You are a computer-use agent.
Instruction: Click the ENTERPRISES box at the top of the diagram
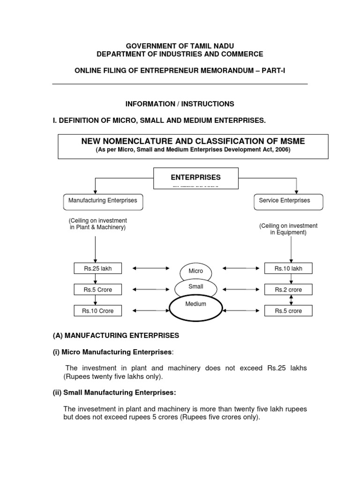195,178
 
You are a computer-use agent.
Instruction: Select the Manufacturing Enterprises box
103,201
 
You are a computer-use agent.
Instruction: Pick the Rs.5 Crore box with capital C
98,290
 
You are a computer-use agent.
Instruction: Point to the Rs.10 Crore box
98,311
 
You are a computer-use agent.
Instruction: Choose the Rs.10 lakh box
288,269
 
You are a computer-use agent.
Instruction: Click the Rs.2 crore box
288,290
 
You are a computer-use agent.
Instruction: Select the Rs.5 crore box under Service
288,311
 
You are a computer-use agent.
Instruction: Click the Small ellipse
195,287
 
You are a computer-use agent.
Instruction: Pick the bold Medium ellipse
195,307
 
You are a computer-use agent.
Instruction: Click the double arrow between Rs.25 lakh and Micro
151,269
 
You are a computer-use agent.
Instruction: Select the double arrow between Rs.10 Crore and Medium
151,310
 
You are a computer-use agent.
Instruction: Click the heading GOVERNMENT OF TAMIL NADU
180,45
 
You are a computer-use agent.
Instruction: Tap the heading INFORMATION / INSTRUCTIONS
180,104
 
